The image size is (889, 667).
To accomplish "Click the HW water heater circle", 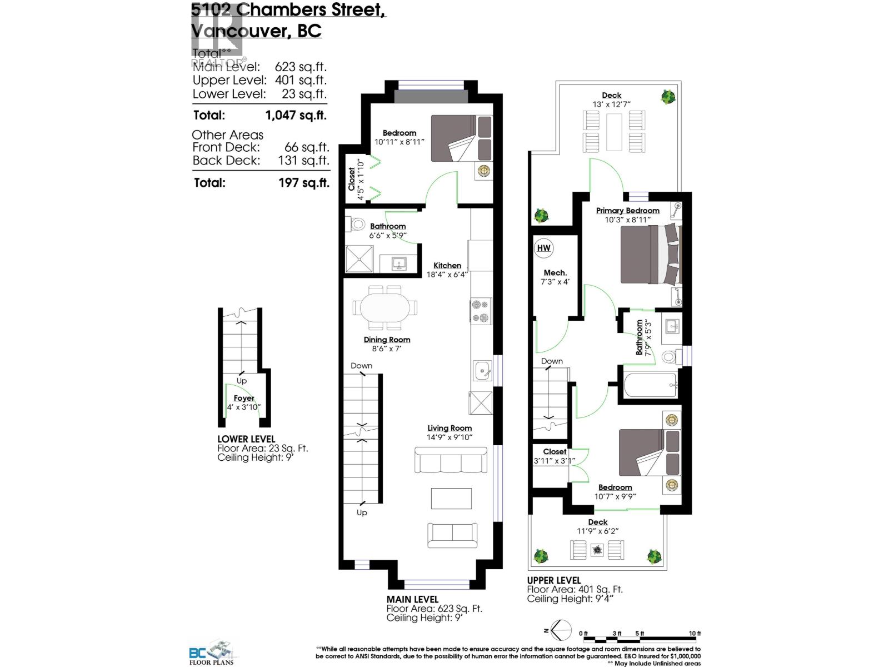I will pos(543,248).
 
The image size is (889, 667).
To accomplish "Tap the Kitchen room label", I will pos(447,266).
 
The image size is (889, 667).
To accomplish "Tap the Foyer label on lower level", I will pos(243,398).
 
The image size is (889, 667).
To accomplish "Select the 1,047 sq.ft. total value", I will pos(296,116).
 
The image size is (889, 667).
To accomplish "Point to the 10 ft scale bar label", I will pos(695,634).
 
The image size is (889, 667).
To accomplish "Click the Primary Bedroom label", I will pos(627,211).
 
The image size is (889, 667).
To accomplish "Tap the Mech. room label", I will pos(555,273).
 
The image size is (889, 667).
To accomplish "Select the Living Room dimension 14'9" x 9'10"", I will pos(450,437).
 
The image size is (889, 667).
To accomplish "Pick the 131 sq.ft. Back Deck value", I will pos(303,161).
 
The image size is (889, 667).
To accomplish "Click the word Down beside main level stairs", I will pos(361,366).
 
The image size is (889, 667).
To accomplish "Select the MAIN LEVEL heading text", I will pos(412,599).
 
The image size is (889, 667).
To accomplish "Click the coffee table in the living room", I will pos(451,499).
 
